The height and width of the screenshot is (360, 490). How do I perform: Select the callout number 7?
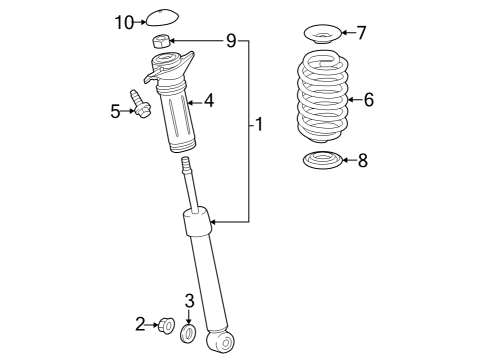tap(361, 32)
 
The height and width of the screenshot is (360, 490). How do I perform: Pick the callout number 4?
tap(208, 100)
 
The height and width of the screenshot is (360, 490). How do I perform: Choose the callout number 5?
tap(115, 111)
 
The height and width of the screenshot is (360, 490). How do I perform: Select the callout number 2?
tap(141, 322)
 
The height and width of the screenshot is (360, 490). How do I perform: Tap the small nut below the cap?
tap(160, 41)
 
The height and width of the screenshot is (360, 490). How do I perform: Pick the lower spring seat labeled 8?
tap(321, 161)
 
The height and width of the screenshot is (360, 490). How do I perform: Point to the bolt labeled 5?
tap(139, 104)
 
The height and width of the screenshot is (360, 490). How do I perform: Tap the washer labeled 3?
tap(189, 330)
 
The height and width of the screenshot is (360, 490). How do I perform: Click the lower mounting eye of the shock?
tap(225, 343)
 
